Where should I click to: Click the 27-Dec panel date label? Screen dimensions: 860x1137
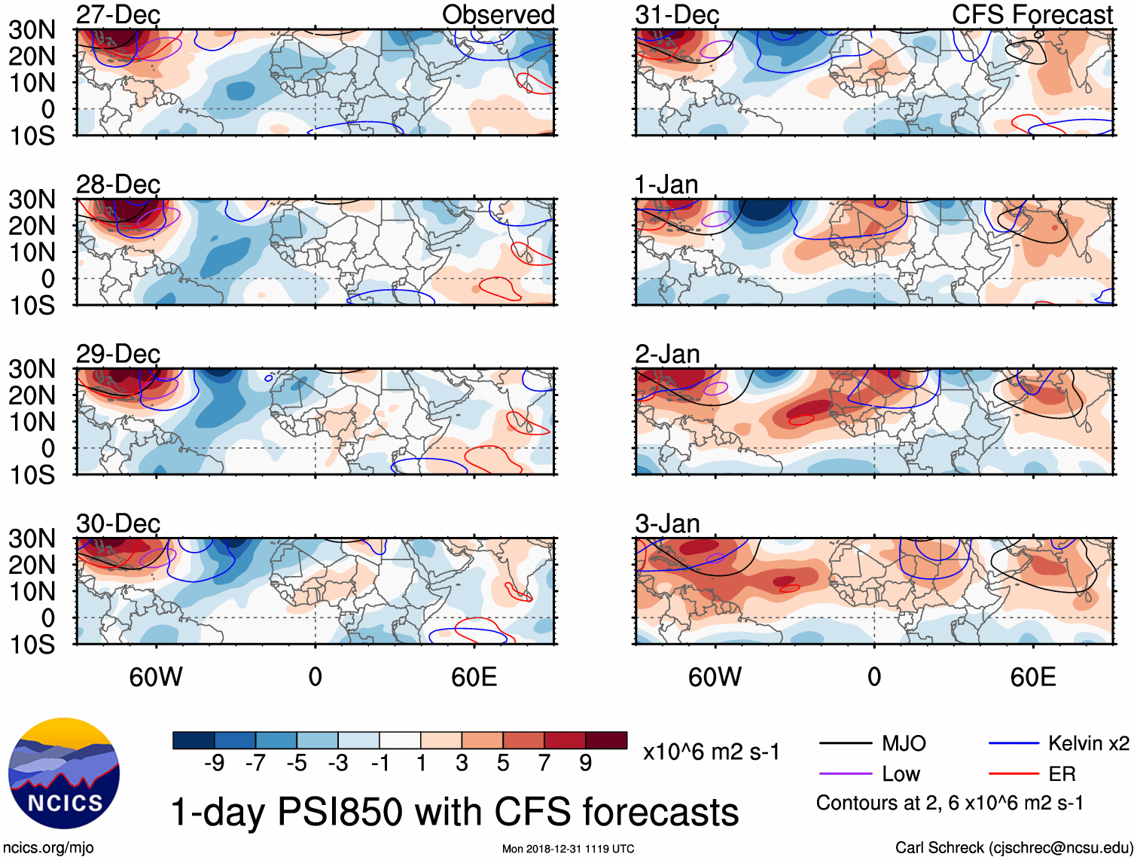pyautogui.click(x=118, y=14)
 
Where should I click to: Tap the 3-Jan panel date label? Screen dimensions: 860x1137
pyautogui.click(x=667, y=523)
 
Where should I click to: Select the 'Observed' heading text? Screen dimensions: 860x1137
pyautogui.click(x=498, y=14)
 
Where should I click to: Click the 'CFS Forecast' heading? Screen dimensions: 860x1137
pyautogui.click(x=1032, y=14)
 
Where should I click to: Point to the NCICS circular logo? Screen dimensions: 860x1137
pyautogui.click(x=64, y=773)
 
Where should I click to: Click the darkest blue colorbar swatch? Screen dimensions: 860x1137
pyautogui.click(x=194, y=740)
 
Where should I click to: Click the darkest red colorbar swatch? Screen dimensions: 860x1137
pyautogui.click(x=606, y=740)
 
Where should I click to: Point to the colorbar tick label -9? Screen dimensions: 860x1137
pyautogui.click(x=214, y=764)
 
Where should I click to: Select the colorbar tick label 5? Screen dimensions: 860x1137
pyautogui.click(x=503, y=764)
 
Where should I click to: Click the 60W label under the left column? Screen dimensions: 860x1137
pyautogui.click(x=156, y=677)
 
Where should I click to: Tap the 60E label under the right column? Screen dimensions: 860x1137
pyautogui.click(x=1032, y=677)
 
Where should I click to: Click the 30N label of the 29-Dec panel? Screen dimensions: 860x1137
pyautogui.click(x=32, y=369)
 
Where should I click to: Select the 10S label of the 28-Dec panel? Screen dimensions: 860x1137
pyautogui.click(x=32, y=305)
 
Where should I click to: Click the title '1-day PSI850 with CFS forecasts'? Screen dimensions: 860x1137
pyautogui.click(x=455, y=812)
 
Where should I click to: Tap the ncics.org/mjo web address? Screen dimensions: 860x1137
pyautogui.click(x=48, y=848)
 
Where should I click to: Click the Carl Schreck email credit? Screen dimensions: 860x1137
pyautogui.click(x=1014, y=848)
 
